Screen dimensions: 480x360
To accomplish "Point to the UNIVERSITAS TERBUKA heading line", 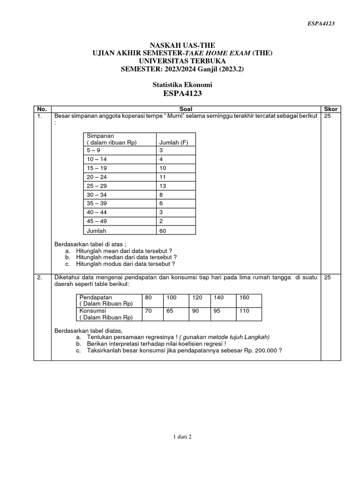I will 182,61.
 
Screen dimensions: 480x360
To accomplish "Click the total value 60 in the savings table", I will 164,231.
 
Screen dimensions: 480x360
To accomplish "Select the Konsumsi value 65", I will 170,310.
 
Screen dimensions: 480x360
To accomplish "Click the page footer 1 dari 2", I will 182,436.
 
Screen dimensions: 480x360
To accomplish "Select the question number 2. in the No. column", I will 40,278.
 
